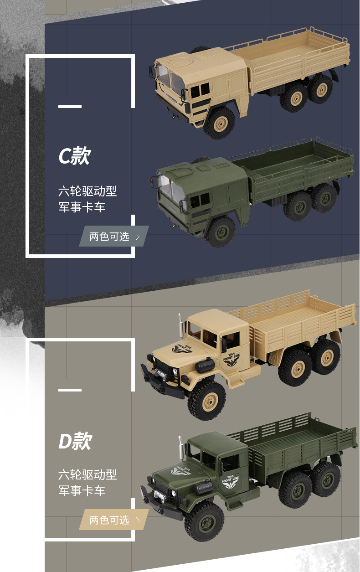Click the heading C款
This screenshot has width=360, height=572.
[x=75, y=156]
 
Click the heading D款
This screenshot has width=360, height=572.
[x=75, y=441]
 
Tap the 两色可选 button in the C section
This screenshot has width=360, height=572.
[x=114, y=237]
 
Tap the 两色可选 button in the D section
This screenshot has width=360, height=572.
[x=114, y=520]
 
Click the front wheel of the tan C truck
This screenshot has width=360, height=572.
[x=219, y=123]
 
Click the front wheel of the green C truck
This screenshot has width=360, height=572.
[x=220, y=231]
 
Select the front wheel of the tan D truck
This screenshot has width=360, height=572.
[x=206, y=401]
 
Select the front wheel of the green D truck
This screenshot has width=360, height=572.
[x=204, y=521]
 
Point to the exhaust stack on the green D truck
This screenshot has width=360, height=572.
[x=181, y=449]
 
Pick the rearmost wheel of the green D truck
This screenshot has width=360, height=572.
[x=326, y=479]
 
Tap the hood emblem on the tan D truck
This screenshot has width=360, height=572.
[x=182, y=350]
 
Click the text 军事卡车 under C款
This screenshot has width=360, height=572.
[x=82, y=207]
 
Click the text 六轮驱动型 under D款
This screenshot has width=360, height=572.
[x=87, y=475]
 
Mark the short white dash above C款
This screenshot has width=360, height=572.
[x=70, y=107]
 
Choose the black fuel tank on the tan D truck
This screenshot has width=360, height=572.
[x=205, y=365]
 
